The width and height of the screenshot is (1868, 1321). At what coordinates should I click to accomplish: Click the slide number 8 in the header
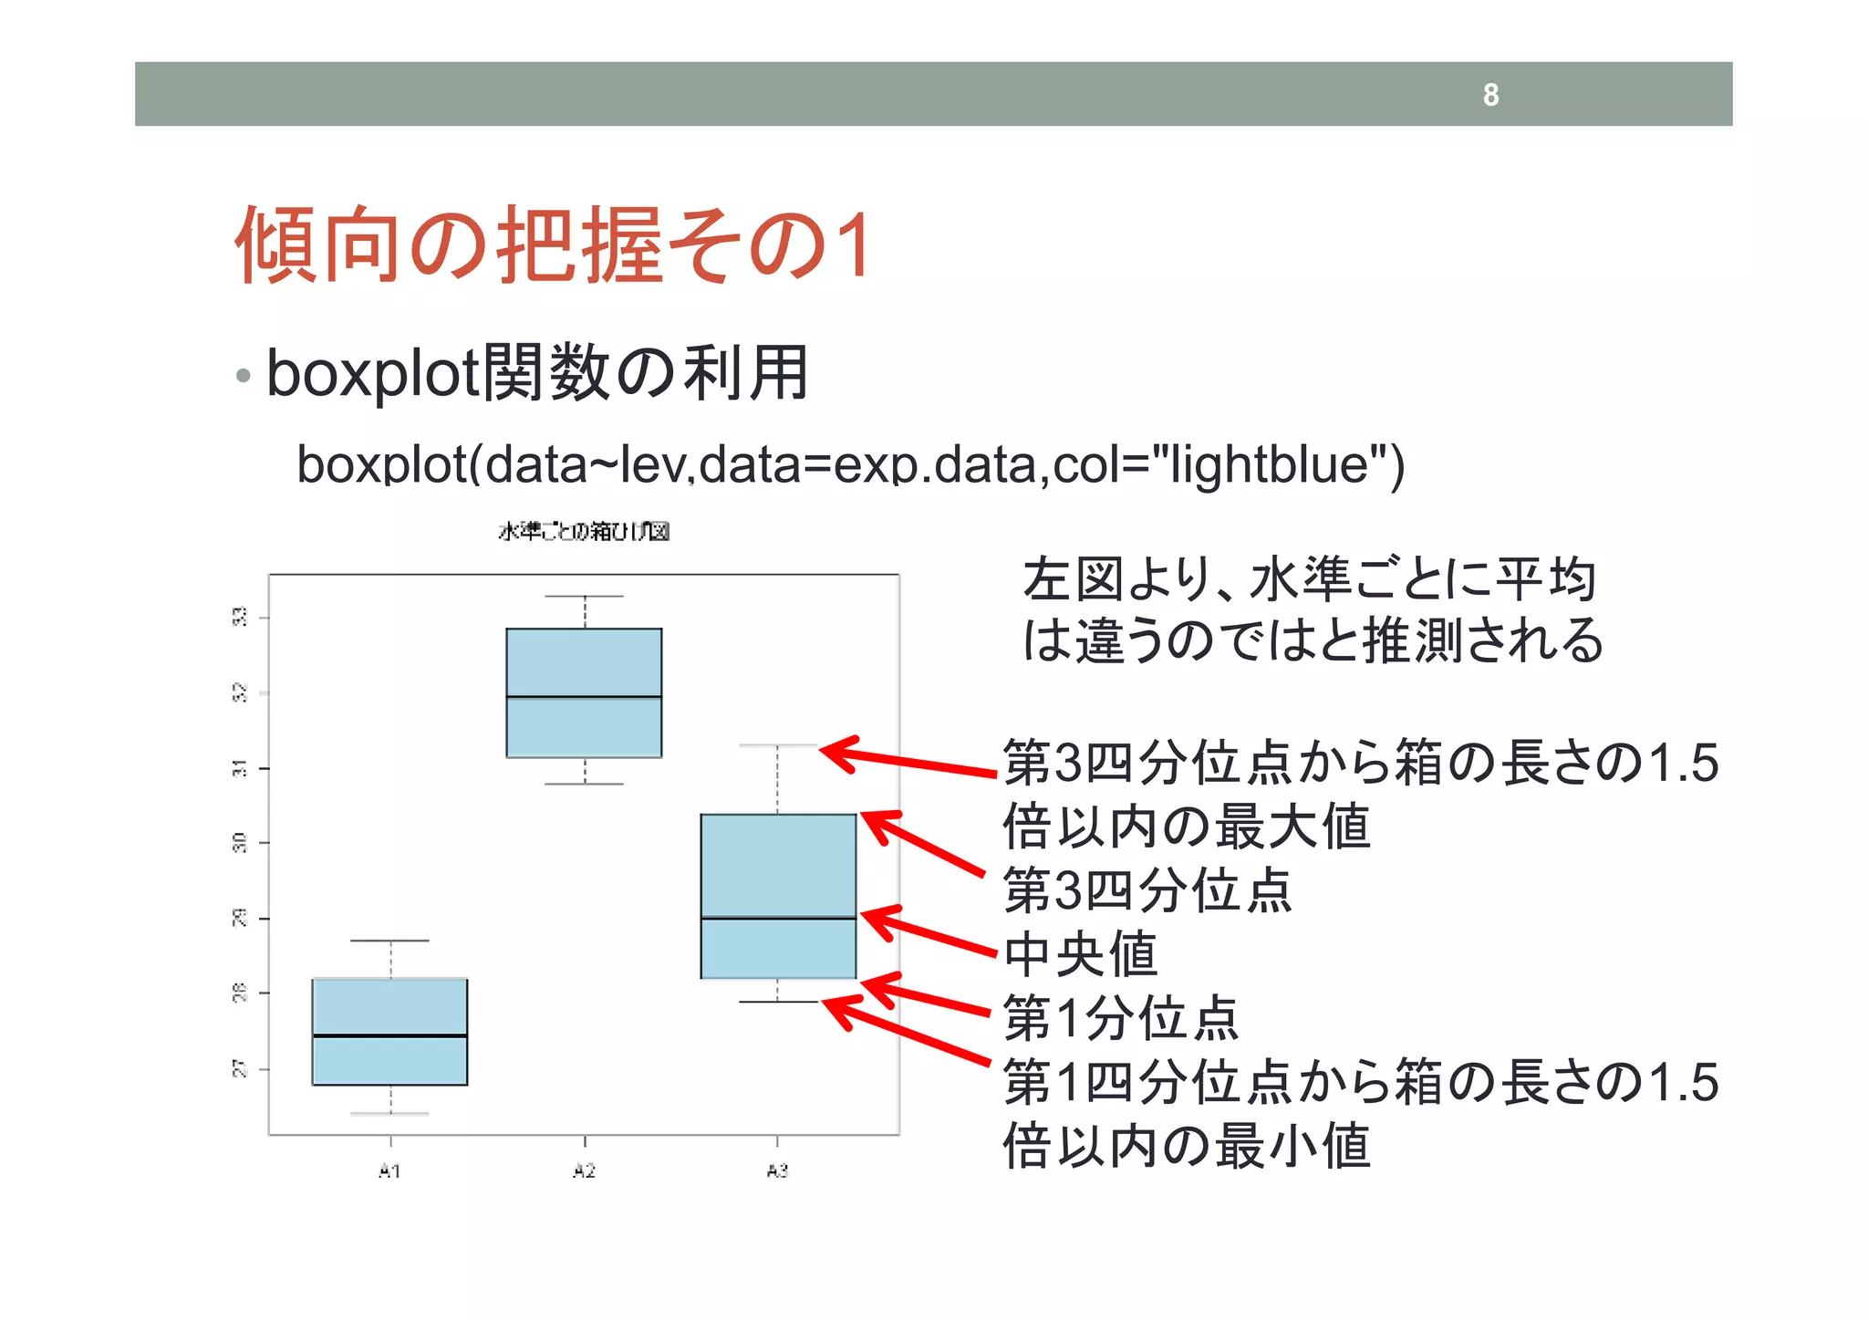coord(1490,95)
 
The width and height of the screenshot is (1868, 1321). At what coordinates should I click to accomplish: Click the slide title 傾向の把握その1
coord(553,244)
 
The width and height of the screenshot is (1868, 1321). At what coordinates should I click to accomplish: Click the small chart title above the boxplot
coord(584,531)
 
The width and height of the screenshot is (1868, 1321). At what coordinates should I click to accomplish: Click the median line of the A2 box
coord(584,697)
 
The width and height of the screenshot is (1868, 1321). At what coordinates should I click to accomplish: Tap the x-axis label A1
coord(389,1170)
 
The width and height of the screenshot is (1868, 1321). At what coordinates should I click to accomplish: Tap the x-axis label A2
coord(584,1170)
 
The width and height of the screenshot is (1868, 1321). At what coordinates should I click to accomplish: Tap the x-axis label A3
coord(777,1170)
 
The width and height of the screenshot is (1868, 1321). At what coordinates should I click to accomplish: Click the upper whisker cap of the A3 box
coord(777,745)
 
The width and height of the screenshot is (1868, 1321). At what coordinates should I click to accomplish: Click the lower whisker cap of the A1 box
coord(390,1114)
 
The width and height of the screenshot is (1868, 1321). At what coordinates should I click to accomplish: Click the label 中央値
coord(1080,954)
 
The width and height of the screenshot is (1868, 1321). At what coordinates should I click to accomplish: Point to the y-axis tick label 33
coord(239,618)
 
